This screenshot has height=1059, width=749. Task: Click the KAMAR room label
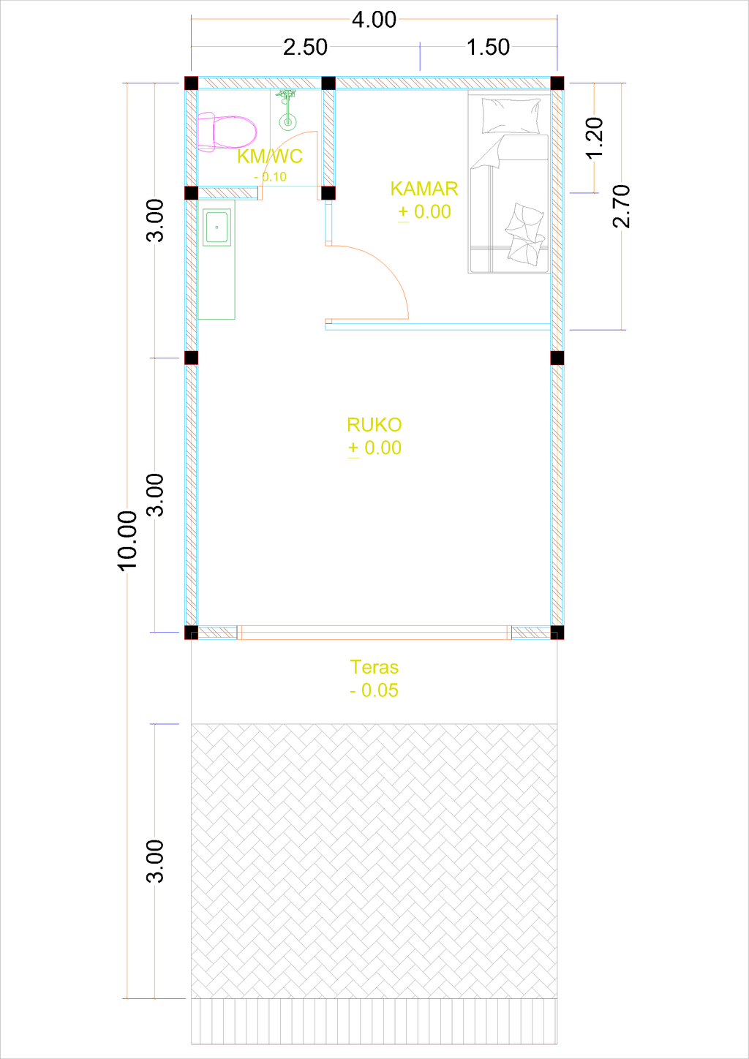pos(424,189)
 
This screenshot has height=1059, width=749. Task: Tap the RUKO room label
pos(374,425)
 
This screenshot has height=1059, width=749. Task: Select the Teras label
pos(374,667)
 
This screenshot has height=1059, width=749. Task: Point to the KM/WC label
pos(269,157)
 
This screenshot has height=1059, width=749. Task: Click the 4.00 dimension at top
pos(374,20)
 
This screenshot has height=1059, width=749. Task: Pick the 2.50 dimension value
pos(305,48)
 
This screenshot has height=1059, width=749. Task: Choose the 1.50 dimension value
pos(488,48)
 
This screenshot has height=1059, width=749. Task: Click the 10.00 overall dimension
pos(127,540)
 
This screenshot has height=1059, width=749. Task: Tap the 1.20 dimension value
pos(595,137)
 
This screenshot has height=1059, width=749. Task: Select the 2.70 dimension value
pos(621,206)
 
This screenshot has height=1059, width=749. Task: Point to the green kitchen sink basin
pos(217,227)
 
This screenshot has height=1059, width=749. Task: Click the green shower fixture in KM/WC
pos(287,110)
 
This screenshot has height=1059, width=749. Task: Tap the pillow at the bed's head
pos(511,116)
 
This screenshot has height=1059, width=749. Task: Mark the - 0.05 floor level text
pos(374,690)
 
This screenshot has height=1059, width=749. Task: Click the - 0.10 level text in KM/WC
pos(270,177)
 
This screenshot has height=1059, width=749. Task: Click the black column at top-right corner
pos(557,83)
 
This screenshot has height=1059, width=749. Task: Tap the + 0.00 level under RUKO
pos(374,448)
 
